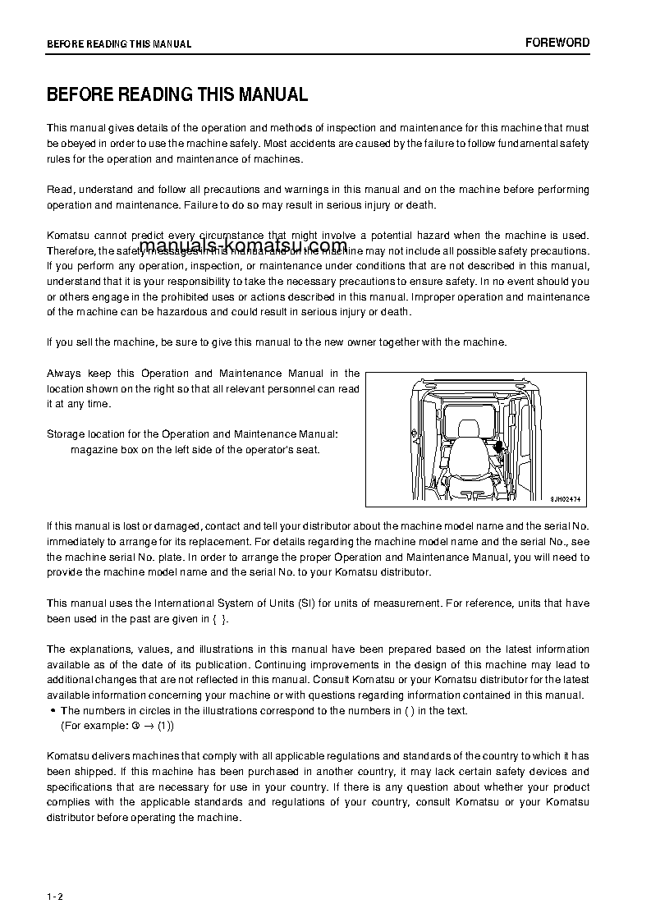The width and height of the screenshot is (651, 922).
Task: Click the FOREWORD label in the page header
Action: (557, 43)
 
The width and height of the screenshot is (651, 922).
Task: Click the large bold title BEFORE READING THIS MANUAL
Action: (177, 94)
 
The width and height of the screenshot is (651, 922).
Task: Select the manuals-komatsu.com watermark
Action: (243, 245)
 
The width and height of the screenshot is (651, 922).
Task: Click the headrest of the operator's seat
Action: (469, 429)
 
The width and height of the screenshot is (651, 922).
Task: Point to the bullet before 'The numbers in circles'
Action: (53, 711)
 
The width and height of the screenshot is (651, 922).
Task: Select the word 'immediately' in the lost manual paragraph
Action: (76, 542)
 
